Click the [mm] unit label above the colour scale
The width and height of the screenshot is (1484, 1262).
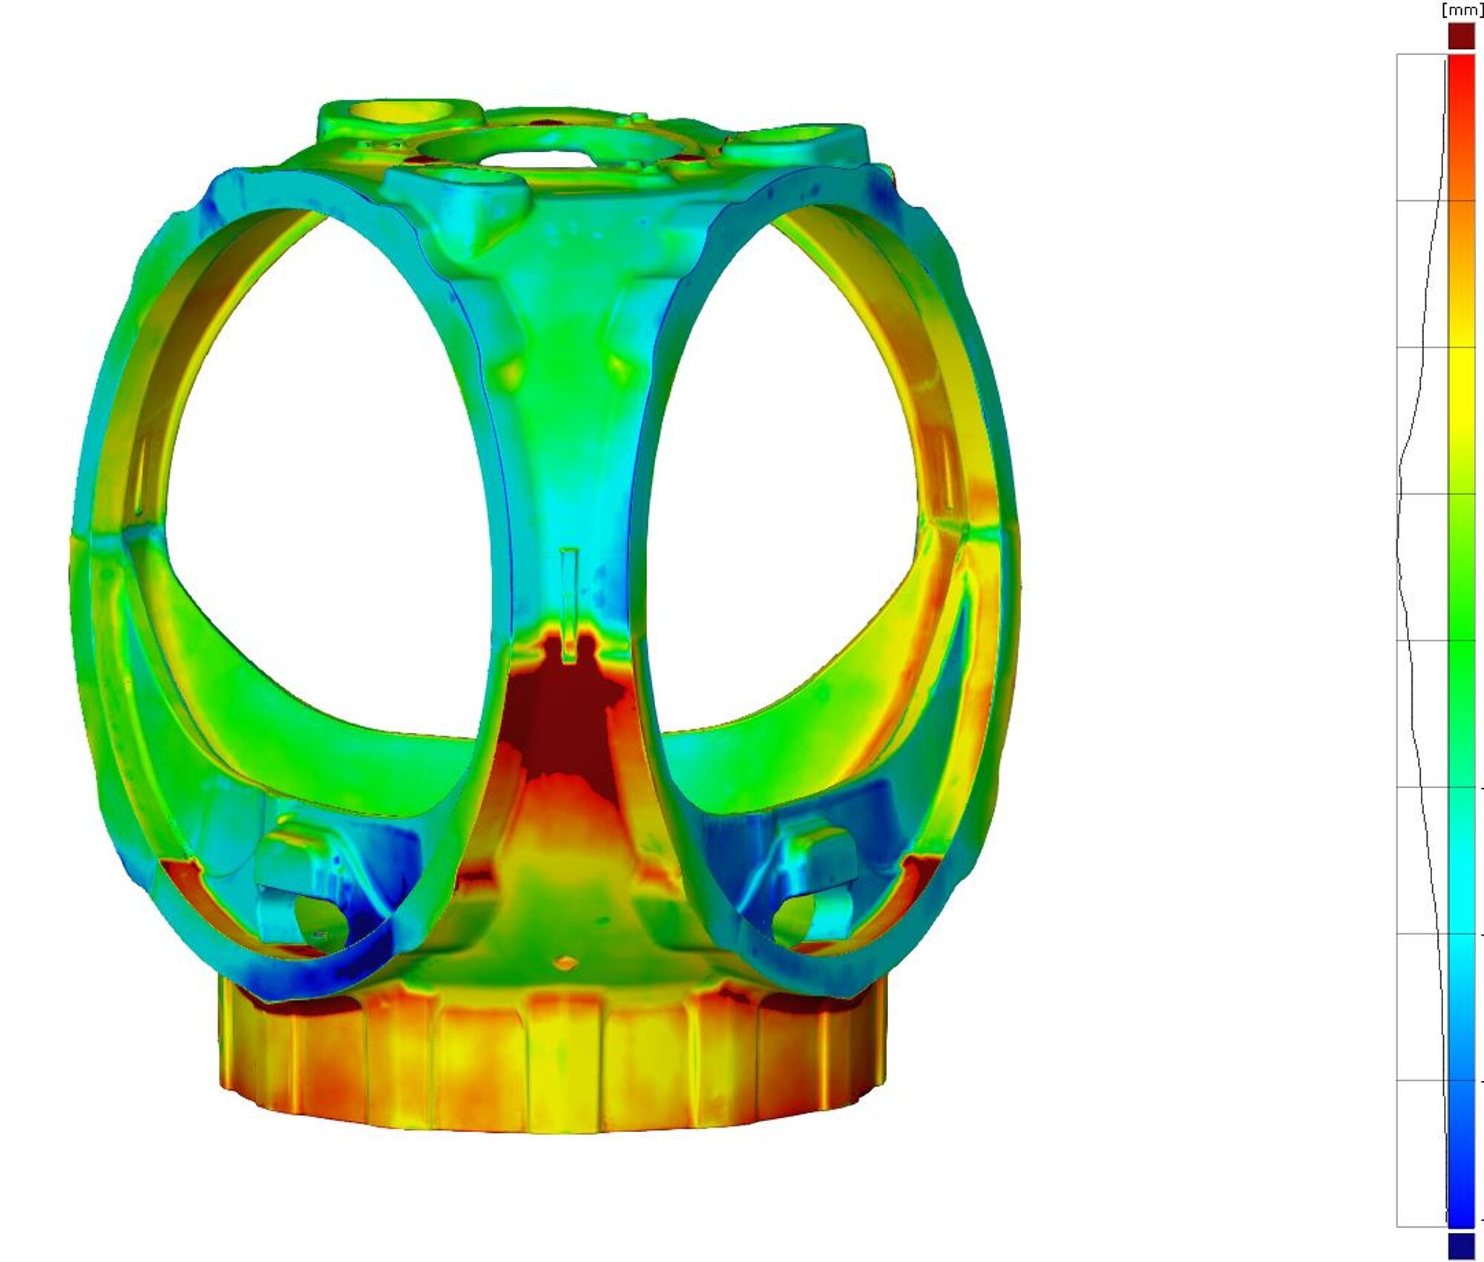click(x=1462, y=10)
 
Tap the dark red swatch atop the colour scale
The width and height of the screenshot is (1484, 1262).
click(x=1462, y=36)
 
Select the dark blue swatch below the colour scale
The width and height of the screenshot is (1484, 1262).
click(x=1462, y=1246)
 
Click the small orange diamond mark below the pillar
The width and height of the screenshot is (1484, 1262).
click(x=566, y=963)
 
